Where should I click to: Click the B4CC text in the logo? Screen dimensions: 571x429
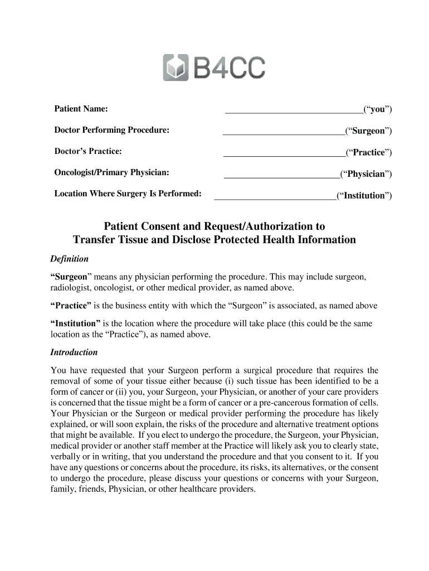click(230, 68)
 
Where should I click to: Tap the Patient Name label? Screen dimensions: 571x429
click(81, 108)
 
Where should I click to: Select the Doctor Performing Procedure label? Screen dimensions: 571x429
click(111, 130)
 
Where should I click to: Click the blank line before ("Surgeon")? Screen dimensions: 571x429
click(284, 134)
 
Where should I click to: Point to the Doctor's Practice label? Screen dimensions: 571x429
click(87, 151)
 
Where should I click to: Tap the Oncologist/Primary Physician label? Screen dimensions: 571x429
click(111, 172)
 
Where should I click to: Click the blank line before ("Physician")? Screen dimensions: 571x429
click(282, 177)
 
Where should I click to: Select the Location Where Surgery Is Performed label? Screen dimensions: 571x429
click(128, 193)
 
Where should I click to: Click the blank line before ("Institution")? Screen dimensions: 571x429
click(275, 198)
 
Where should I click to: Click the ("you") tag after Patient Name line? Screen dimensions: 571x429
click(378, 109)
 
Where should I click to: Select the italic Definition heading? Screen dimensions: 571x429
click(70, 259)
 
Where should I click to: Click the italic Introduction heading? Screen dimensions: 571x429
click(74, 352)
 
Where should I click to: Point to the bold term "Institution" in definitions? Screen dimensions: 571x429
click(76, 323)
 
